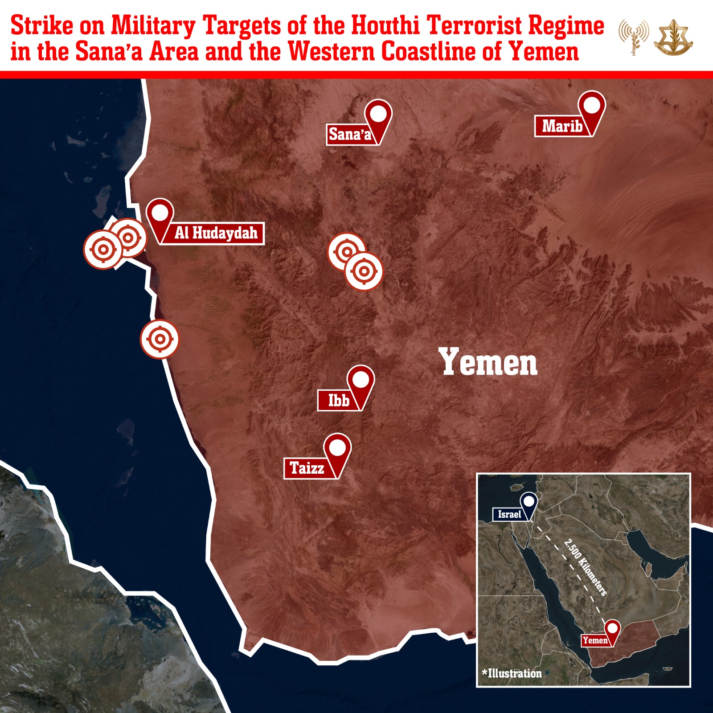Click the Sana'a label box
pyautogui.click(x=350, y=134)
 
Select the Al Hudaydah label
pyautogui.click(x=216, y=233)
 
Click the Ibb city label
pyautogui.click(x=338, y=400)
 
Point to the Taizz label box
pyautogui.click(x=307, y=468)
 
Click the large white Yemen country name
pyautogui.click(x=488, y=362)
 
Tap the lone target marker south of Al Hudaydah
pyautogui.click(x=160, y=339)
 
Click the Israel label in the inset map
pyautogui.click(x=509, y=514)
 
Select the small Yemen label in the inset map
pyautogui.click(x=595, y=640)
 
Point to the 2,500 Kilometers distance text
pyautogui.click(x=586, y=567)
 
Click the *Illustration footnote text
pyautogui.click(x=512, y=673)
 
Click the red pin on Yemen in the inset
pyautogui.click(x=613, y=630)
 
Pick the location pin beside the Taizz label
pyautogui.click(x=337, y=451)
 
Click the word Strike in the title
pyautogui.click(x=41, y=25)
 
